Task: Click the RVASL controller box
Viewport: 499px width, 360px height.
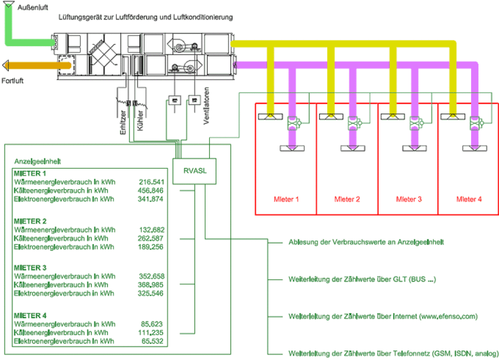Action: click(194, 171)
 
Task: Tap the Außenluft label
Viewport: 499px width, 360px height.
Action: click(33, 7)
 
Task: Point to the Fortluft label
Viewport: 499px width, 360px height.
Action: click(13, 81)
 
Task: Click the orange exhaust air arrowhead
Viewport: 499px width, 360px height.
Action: click(6, 65)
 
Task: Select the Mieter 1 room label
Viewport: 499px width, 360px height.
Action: click(286, 199)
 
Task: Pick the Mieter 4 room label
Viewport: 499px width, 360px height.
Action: click(469, 199)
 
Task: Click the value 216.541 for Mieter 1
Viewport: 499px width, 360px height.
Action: click(151, 182)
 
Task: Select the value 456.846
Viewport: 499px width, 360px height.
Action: click(150, 190)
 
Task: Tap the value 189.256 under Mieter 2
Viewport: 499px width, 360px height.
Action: click(150, 247)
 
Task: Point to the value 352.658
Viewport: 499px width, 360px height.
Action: click(152, 276)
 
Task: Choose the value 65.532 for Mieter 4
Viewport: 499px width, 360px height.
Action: click(153, 341)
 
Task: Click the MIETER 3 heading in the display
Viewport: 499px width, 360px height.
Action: click(30, 268)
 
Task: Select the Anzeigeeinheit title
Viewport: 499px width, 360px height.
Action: click(37, 161)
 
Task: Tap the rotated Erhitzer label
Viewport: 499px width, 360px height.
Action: click(123, 122)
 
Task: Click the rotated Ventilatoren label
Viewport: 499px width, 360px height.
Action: click(206, 106)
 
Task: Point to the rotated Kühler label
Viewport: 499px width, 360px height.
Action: click(140, 120)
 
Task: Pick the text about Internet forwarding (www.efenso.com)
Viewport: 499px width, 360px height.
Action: click(383, 317)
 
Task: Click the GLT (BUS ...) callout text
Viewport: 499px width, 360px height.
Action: click(362, 279)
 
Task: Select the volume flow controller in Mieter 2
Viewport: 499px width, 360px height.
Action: click(354, 123)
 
